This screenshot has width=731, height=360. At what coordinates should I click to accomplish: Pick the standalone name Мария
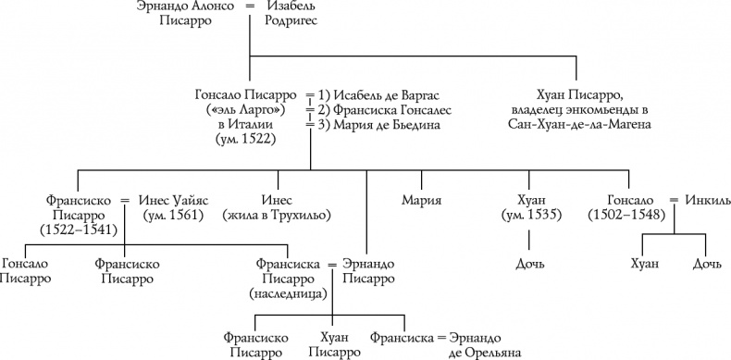[x=421, y=199]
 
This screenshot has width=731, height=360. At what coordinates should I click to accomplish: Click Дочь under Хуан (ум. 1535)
[x=528, y=266]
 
